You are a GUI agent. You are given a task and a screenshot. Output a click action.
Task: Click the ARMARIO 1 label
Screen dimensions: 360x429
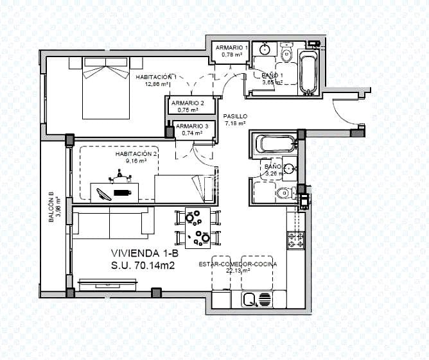231,48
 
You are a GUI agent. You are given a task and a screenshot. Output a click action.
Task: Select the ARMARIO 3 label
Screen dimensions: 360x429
191,126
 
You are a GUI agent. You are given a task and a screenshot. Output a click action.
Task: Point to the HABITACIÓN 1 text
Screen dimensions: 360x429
156,77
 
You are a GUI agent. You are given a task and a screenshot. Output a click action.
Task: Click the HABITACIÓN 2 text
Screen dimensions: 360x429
136,154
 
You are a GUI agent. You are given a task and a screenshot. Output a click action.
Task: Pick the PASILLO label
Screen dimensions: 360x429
235,116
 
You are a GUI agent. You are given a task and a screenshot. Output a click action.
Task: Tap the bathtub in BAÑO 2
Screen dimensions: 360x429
275,143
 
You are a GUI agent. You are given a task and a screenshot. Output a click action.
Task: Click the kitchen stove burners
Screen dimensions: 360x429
295,241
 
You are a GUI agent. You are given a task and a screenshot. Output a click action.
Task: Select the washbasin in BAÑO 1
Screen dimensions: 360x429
264,50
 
